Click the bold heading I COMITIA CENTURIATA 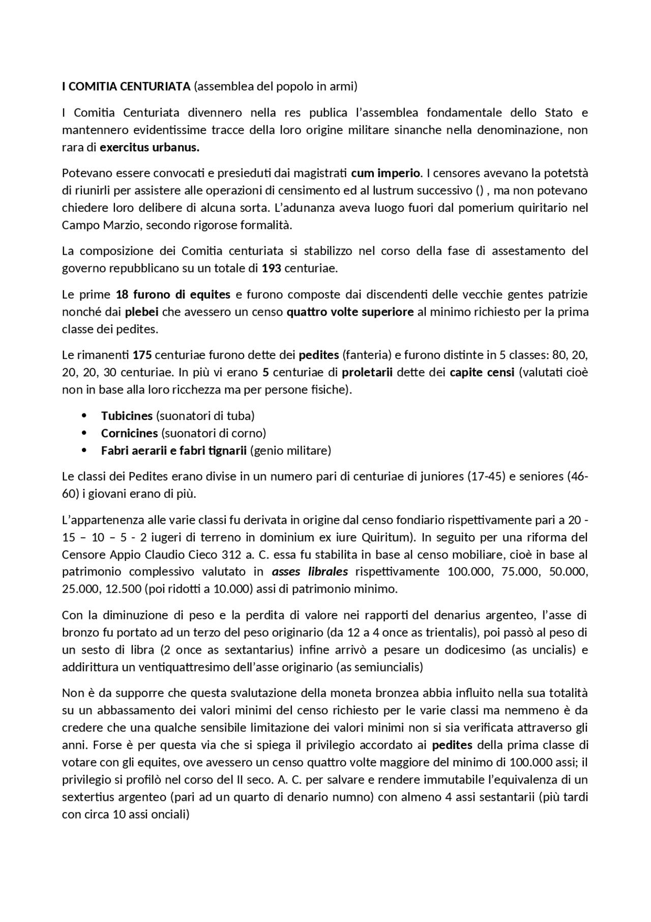(x=126, y=87)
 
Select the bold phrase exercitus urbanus (x=150, y=148)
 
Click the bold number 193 (x=272, y=268)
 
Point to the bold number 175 (x=142, y=355)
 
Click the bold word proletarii (x=367, y=372)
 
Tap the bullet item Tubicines (x=127, y=416)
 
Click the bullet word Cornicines (x=129, y=433)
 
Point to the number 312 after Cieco (x=231, y=554)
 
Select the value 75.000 (x=520, y=572)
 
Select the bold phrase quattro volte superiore (x=350, y=312)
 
